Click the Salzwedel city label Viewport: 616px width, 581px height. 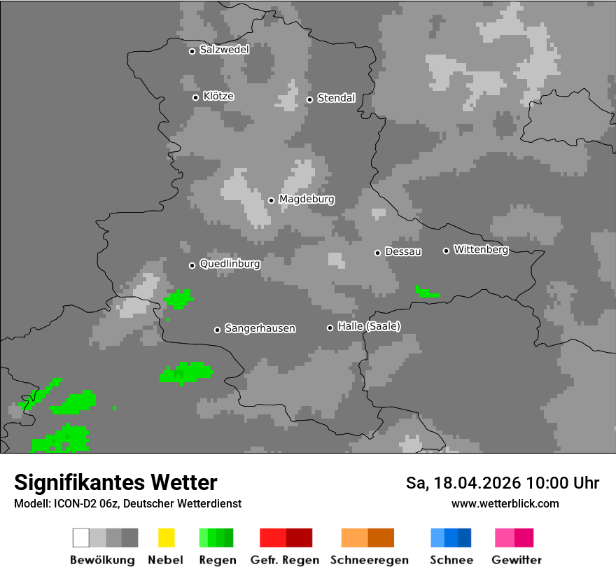pyautogui.click(x=224, y=50)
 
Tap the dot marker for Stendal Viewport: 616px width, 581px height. pyautogui.click(x=309, y=99)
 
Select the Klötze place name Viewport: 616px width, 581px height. pyautogui.click(x=218, y=96)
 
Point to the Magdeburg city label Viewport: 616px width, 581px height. pyautogui.click(x=307, y=199)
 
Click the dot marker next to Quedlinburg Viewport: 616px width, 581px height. pyautogui.click(x=192, y=265)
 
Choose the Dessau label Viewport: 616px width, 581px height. pyautogui.click(x=403, y=252)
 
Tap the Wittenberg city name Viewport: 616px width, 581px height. pyautogui.click(x=481, y=249)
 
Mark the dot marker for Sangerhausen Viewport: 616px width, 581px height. pyautogui.click(x=217, y=330)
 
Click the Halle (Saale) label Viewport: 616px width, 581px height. pyautogui.click(x=369, y=326)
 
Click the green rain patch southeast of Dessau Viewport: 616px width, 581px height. pyautogui.click(x=426, y=293)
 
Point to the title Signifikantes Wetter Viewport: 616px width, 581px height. pyautogui.click(x=115, y=482)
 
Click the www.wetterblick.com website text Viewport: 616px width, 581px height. pyautogui.click(x=505, y=503)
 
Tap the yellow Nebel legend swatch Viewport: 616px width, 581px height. pyautogui.click(x=166, y=538)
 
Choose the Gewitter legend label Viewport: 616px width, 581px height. pyautogui.click(x=517, y=560)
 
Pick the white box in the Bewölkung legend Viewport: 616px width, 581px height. pyautogui.click(x=81, y=538)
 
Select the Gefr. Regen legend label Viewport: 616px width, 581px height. pyautogui.click(x=285, y=560)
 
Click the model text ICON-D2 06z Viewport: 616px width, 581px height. pyautogui.click(x=85, y=503)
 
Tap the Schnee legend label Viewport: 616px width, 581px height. pyautogui.click(x=451, y=560)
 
